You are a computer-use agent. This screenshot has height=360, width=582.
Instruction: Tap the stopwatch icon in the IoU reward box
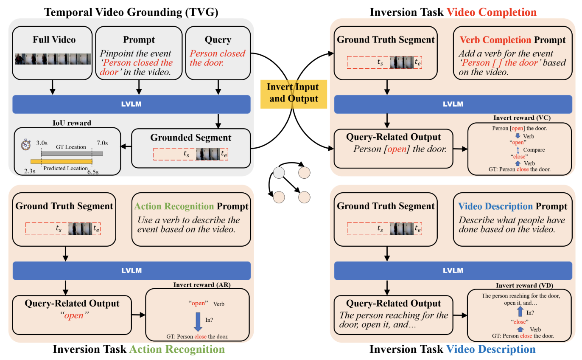(26, 144)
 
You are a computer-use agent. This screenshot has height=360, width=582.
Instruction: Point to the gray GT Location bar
(72, 153)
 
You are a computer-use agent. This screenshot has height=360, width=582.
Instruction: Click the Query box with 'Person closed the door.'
(218, 53)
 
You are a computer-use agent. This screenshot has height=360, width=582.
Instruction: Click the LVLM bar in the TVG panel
(132, 104)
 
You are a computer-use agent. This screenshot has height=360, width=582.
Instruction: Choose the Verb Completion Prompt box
(512, 53)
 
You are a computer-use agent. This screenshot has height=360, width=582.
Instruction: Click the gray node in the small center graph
(278, 173)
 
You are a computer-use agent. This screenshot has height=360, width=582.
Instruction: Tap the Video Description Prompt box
(512, 219)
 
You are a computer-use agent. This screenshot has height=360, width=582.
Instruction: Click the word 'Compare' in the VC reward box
(534, 150)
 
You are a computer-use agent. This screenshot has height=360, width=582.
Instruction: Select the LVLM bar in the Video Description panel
(453, 270)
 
